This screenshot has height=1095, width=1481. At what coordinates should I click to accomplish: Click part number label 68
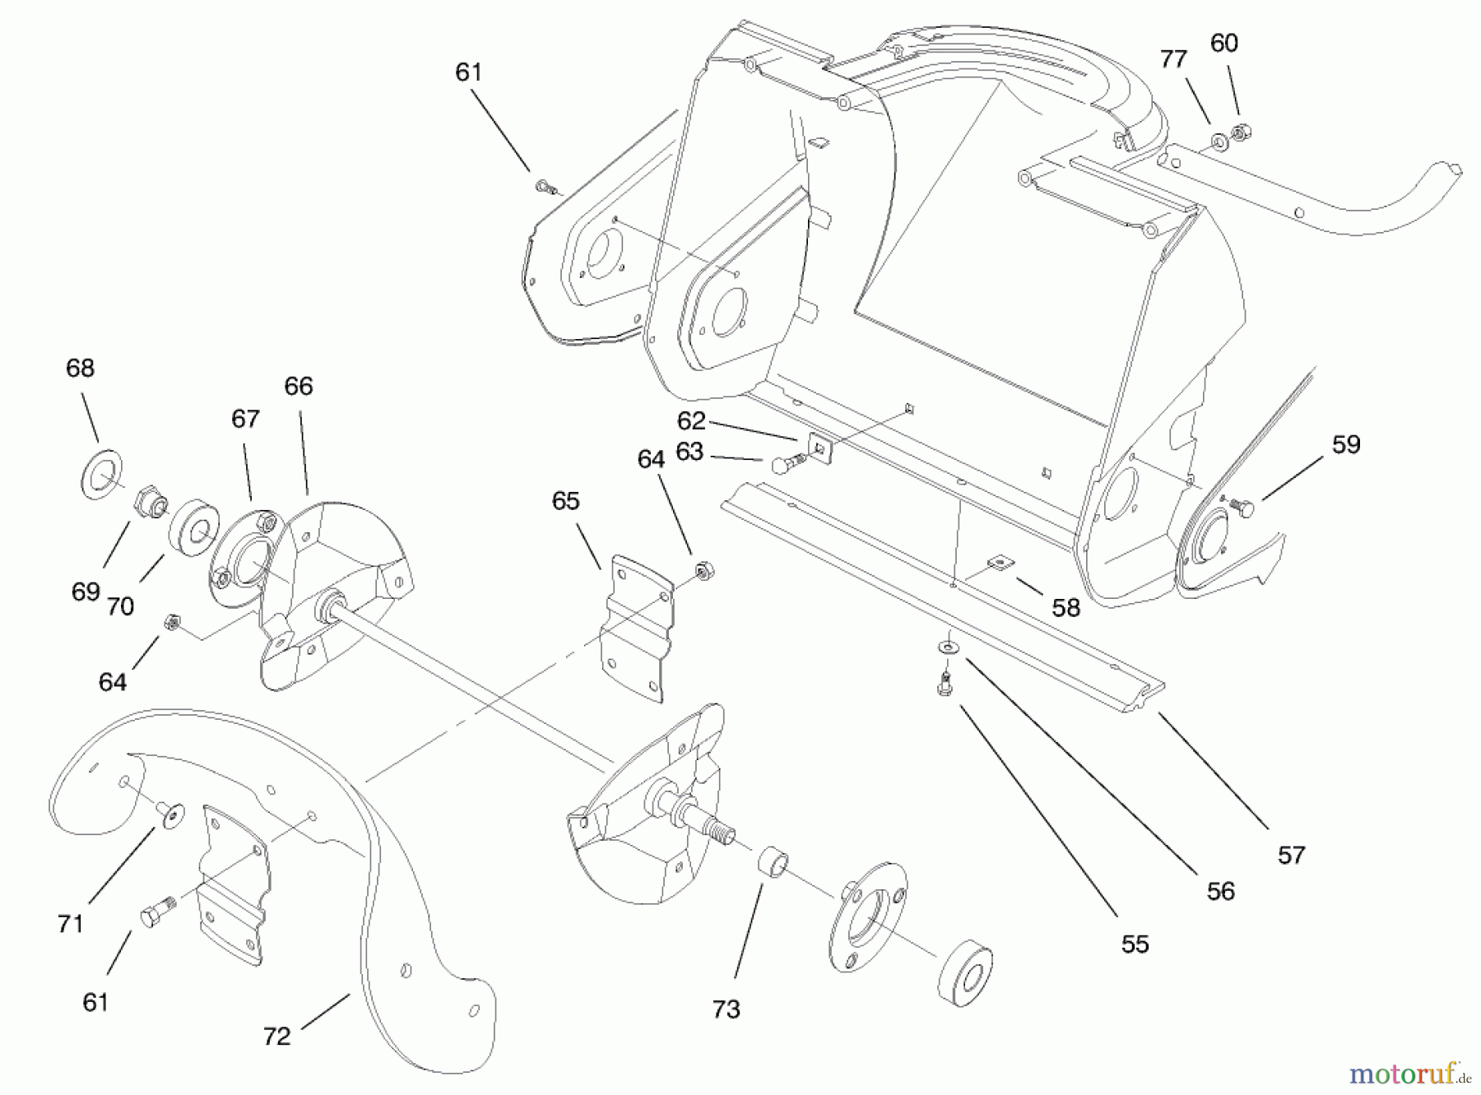[80, 368]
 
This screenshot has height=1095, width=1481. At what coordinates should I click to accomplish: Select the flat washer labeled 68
[100, 475]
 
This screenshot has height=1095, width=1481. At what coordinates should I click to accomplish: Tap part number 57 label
[1291, 855]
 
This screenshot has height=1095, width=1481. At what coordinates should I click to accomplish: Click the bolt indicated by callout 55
[945, 683]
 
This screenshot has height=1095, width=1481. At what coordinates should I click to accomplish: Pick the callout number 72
[276, 1036]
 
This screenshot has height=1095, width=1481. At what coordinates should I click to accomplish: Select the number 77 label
[1173, 59]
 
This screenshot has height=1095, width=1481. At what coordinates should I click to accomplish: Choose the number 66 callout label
[299, 386]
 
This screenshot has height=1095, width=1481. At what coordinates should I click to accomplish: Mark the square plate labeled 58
[1000, 563]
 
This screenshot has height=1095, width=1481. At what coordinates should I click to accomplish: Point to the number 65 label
[565, 500]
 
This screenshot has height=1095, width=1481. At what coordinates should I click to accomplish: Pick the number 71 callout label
[71, 923]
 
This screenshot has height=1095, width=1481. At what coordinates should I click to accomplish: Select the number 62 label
[691, 420]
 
